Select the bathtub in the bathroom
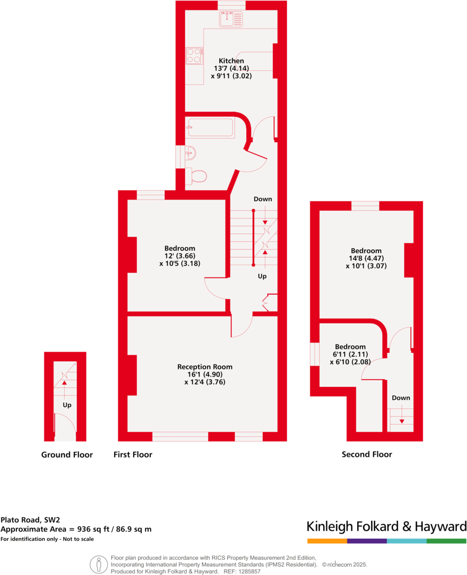pyautogui.click(x=211, y=128)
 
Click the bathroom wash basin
pyautogui.click(x=190, y=153)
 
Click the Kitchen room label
pyautogui.click(x=231, y=61)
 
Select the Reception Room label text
pyautogui.click(x=205, y=367)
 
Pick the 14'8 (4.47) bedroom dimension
pyautogui.click(x=366, y=258)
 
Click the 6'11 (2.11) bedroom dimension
pyautogui.click(x=350, y=354)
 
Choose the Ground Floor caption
pyautogui.click(x=67, y=454)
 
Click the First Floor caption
pyautogui.click(x=133, y=454)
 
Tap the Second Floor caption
pyautogui.click(x=367, y=454)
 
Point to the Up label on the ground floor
pyautogui.click(x=67, y=405)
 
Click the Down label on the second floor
pyautogui.click(x=401, y=398)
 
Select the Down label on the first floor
pyautogui.click(x=263, y=199)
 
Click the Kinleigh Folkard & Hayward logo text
pyautogui.click(x=386, y=526)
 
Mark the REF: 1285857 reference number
pyautogui.click(x=241, y=571)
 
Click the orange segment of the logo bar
pyautogui.click(x=327, y=541)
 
